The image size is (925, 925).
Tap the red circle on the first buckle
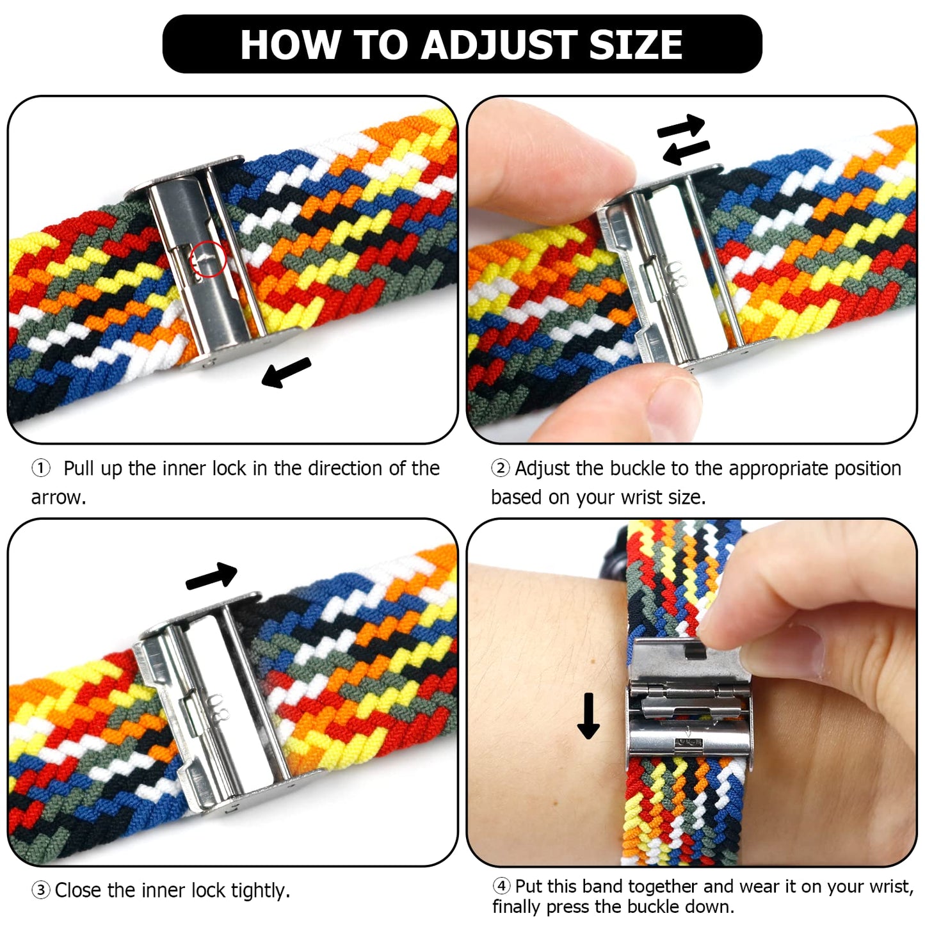209,259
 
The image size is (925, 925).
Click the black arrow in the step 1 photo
286,372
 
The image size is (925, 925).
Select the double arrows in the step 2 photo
683,140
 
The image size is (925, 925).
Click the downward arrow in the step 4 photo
588,716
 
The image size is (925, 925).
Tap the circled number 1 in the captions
41,469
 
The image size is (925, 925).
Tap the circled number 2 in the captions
500,469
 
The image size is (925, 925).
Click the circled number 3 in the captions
41,890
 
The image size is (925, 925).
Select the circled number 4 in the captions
501,886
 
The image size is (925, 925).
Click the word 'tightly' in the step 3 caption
260,890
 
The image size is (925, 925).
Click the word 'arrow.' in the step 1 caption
58,497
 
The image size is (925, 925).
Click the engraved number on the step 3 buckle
218,707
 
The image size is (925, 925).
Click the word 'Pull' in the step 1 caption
78,469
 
